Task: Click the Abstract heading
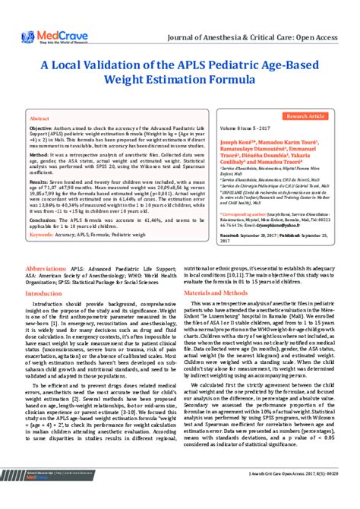coord(39,119)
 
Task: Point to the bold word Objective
coord(43,130)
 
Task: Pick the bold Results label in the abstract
coord(39,182)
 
